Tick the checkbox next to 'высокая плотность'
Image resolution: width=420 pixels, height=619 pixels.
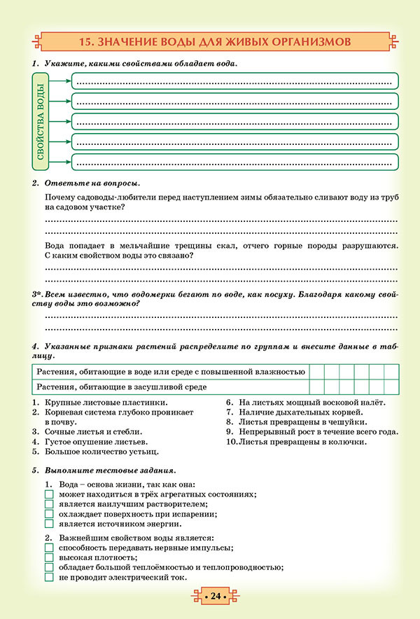(49, 557)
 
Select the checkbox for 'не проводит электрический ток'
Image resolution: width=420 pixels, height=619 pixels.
(49, 578)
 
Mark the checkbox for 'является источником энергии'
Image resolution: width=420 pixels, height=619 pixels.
(49, 523)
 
